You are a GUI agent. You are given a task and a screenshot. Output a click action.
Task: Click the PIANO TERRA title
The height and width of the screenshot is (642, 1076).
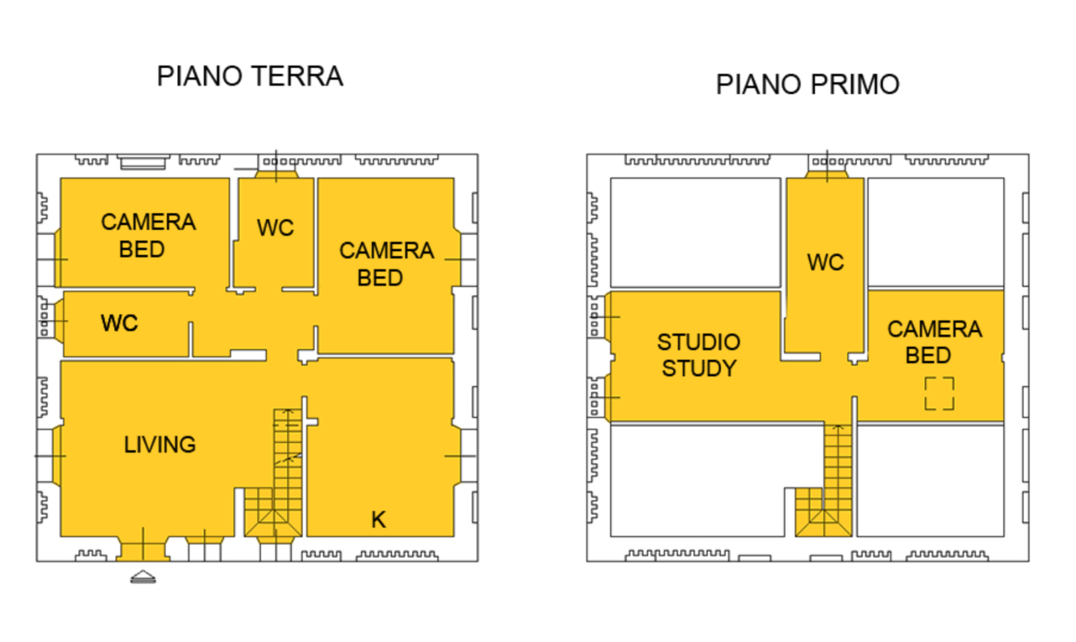(x=249, y=77)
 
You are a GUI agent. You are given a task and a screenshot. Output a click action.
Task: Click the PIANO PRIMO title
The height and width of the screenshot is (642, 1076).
(x=808, y=85)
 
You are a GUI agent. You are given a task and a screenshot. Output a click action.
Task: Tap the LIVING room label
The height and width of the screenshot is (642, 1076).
(x=160, y=444)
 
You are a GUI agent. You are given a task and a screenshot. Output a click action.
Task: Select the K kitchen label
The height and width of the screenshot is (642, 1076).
(x=379, y=520)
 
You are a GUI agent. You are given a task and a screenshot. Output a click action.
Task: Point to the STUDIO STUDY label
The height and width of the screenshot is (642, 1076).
(x=699, y=356)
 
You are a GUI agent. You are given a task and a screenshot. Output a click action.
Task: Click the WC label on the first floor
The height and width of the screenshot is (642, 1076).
(x=825, y=263)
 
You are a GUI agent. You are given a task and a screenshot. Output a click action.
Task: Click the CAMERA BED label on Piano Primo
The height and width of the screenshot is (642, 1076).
(x=934, y=342)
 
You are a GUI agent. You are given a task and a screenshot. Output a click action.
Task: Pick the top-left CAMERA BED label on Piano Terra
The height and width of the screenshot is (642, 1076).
(x=148, y=236)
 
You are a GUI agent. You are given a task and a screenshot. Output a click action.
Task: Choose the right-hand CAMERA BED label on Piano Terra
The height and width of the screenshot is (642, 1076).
(x=386, y=265)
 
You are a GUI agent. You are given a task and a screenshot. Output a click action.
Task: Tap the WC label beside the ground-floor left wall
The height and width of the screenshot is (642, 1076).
(x=119, y=323)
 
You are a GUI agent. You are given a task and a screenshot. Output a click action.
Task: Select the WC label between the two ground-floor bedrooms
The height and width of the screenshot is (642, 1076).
(x=275, y=228)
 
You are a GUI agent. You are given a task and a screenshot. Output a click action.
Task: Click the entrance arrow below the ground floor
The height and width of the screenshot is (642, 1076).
(x=143, y=577)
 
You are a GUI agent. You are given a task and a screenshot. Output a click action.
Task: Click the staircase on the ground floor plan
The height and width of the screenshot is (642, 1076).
(x=274, y=473)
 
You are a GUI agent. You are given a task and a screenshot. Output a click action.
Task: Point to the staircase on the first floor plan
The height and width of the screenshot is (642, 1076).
(x=824, y=480)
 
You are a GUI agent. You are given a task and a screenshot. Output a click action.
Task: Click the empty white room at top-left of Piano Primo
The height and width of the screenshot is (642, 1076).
(x=695, y=233)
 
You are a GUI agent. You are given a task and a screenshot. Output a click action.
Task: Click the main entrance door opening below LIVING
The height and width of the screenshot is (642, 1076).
(x=143, y=551)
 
